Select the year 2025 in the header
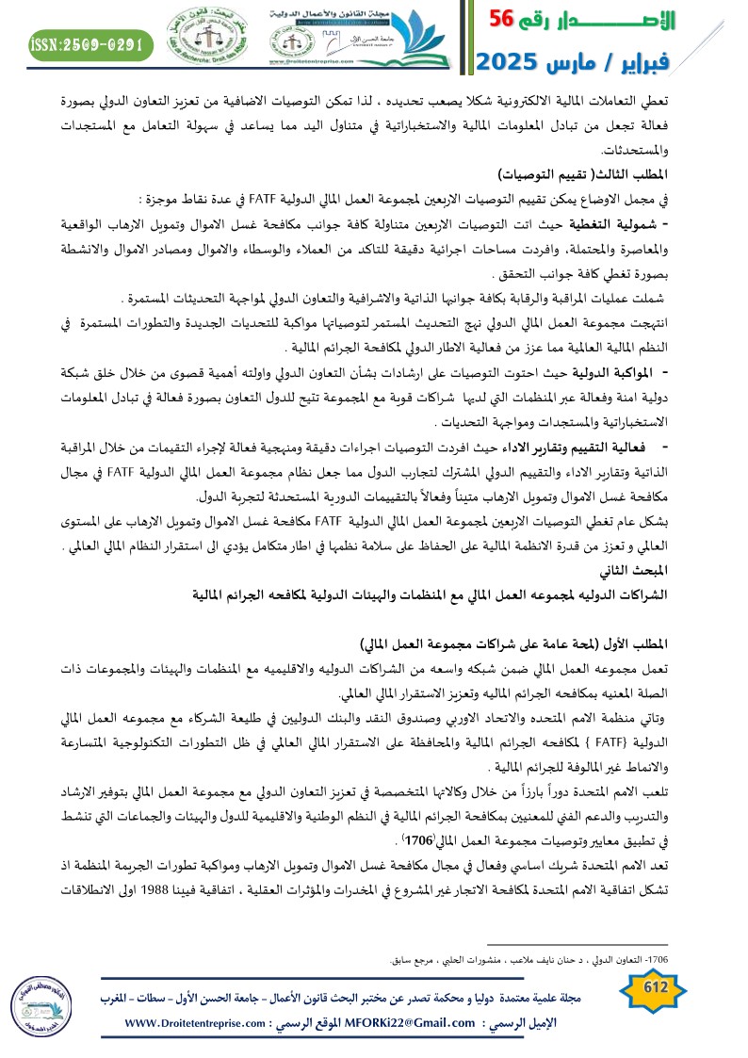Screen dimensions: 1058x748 coord(510,62)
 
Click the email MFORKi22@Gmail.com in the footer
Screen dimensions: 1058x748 coord(401,1023)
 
